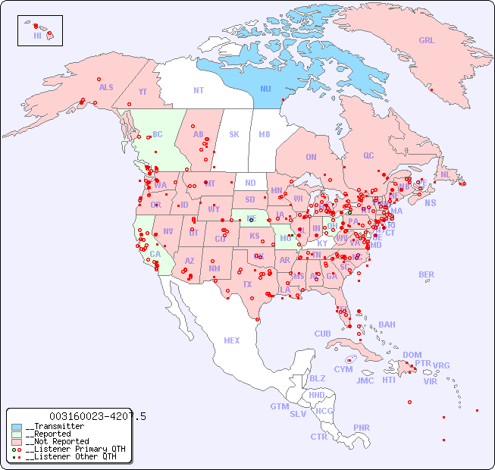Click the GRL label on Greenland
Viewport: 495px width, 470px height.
427,40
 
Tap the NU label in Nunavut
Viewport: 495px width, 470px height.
265,89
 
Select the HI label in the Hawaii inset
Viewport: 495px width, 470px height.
37,36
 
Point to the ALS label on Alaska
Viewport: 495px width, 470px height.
106,87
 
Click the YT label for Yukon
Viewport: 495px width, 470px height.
143,92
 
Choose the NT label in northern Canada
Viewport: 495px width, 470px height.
199,89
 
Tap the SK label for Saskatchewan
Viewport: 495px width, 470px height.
234,134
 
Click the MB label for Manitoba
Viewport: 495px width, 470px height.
265,134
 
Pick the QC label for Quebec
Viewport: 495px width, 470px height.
368,155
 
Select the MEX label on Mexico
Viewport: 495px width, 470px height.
232,340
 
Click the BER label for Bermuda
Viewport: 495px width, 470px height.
427,274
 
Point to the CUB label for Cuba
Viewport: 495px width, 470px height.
322,334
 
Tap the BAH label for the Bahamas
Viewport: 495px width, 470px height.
387,324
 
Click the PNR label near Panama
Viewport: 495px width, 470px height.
362,428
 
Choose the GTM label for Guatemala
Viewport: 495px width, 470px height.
279,406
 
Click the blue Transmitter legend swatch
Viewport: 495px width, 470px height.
17,427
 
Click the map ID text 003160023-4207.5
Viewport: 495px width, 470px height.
98,416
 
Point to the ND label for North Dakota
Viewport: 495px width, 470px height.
250,183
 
